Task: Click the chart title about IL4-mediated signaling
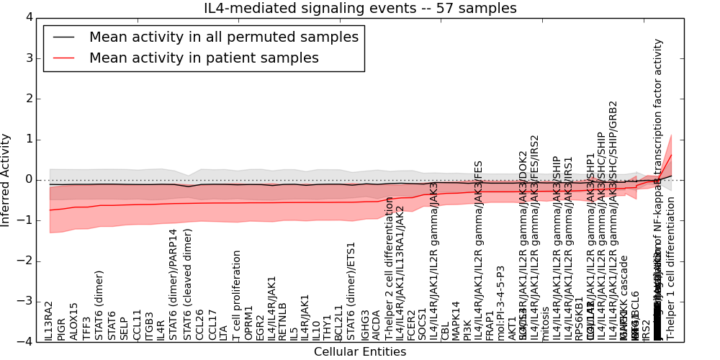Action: point(359,8)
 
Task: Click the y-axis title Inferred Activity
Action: point(6,179)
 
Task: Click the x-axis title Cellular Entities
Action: point(359,352)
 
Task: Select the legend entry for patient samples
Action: point(204,58)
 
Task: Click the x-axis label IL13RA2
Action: point(49,321)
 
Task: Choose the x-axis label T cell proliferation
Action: point(236,295)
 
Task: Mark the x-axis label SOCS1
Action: point(423,325)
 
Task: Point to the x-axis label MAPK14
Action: point(455,321)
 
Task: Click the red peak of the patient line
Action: point(671,154)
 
